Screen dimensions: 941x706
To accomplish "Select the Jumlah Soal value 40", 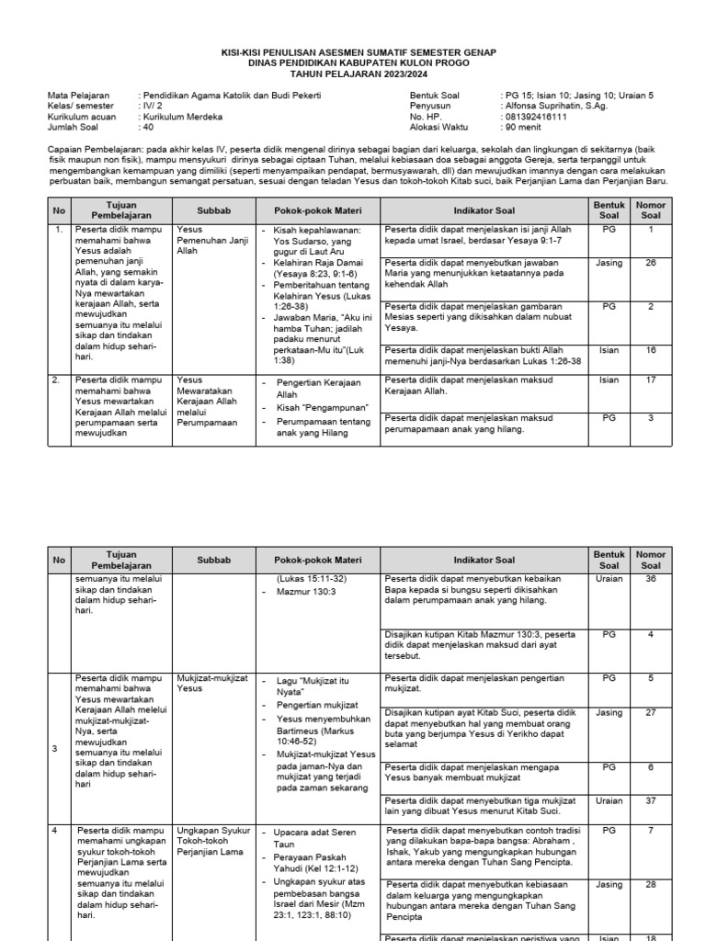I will tap(147, 128).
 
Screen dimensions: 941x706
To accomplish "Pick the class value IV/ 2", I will tap(150, 106).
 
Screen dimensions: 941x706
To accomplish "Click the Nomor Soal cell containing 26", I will tap(651, 263).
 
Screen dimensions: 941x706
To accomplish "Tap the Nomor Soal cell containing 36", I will tap(651, 579).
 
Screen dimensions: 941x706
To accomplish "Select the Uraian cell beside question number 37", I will tap(609, 800).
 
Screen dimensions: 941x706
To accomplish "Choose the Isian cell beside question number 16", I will tap(609, 350).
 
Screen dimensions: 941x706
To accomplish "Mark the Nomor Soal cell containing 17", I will tap(651, 380).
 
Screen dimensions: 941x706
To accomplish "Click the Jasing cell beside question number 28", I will tap(609, 885).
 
